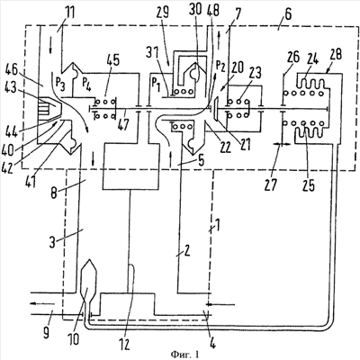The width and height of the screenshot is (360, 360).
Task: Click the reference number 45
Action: coord(112,60)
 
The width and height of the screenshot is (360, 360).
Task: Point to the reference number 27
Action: coord(271,185)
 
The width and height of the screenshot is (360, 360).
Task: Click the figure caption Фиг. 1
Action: coord(184,355)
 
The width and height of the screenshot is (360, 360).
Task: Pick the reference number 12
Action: coord(124,345)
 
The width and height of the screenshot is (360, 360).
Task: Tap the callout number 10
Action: coord(73,339)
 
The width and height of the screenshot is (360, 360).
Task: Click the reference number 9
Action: coord(46,333)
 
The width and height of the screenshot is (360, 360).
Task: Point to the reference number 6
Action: coord(287,14)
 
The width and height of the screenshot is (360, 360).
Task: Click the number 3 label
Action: coord(53,242)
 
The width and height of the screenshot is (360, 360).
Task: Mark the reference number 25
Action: coord(309,185)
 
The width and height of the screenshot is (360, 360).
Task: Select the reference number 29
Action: coord(162,13)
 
